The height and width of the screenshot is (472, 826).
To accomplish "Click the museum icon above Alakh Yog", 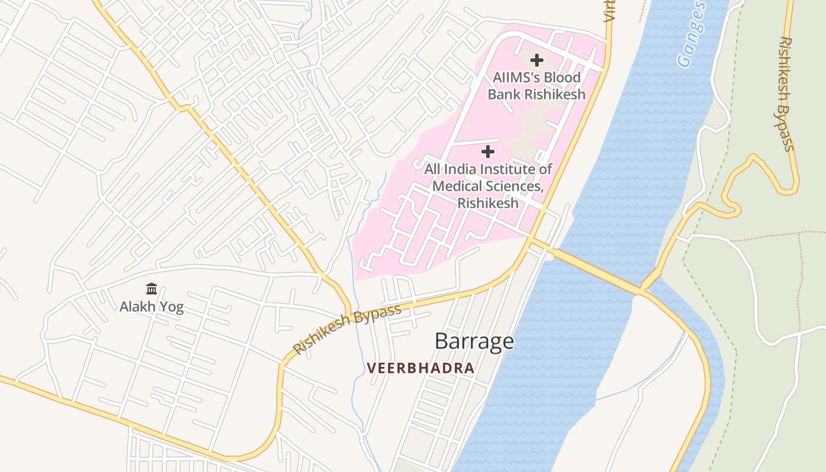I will [x=152, y=289].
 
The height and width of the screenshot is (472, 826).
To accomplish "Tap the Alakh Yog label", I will [x=152, y=307].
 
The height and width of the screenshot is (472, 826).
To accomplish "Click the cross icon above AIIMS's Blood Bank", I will [x=536, y=60].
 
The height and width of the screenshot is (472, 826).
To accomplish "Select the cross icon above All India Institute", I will [x=488, y=152].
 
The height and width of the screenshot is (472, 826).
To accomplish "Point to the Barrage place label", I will [x=474, y=341].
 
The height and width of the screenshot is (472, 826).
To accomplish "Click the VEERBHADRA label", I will [x=421, y=368].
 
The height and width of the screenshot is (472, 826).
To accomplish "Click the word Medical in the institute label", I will [x=458, y=186].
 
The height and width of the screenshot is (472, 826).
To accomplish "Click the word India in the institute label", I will [x=460, y=169].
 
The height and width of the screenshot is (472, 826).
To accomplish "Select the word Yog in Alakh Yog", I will [x=172, y=307].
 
